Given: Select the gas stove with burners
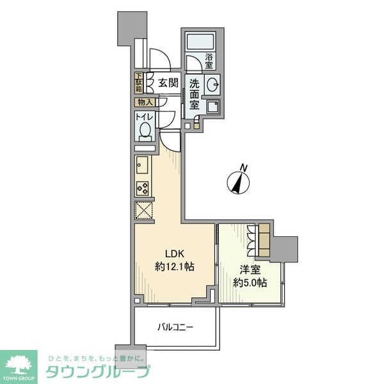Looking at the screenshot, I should click(142, 189).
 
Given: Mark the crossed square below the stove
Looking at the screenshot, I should click(144, 211).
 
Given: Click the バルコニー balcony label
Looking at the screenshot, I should click(177, 328).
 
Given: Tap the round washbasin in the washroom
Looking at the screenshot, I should click(214, 84).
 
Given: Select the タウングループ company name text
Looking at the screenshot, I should click(96, 372).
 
